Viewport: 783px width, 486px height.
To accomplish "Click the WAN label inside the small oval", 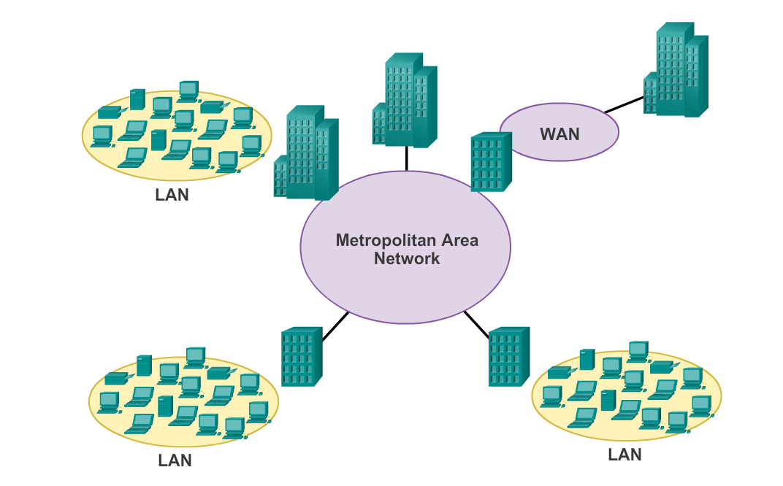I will tap(559, 134).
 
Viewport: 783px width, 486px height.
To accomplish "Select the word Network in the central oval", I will tap(407, 258).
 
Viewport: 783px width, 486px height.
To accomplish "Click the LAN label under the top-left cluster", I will tap(172, 196).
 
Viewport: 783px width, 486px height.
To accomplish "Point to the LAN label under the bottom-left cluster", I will tap(175, 460).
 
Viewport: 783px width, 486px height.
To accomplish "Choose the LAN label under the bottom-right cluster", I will tap(625, 455).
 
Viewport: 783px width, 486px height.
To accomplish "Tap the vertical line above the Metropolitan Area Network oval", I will tap(406, 158).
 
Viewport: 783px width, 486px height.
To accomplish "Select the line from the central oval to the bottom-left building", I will tap(336, 326).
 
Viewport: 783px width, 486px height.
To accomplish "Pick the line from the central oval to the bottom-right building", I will tap(476, 324).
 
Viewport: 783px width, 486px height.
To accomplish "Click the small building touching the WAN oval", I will tap(490, 161).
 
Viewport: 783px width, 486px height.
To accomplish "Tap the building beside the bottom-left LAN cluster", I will tap(302, 357).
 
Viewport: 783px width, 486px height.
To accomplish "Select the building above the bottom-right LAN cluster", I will tap(508, 357).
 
